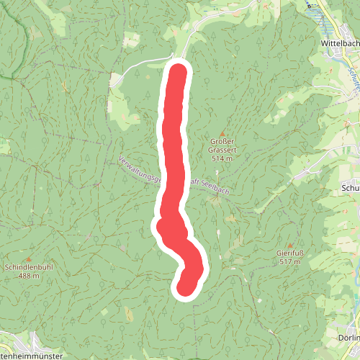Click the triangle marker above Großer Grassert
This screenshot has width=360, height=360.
[223, 134]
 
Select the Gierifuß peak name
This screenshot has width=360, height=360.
[289, 253]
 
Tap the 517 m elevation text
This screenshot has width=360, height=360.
[289, 262]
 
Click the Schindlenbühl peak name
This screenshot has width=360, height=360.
[29, 267]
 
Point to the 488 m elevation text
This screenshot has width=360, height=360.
[29, 275]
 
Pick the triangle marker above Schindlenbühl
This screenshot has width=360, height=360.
[29, 259]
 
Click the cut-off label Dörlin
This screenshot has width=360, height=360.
[348, 338]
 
